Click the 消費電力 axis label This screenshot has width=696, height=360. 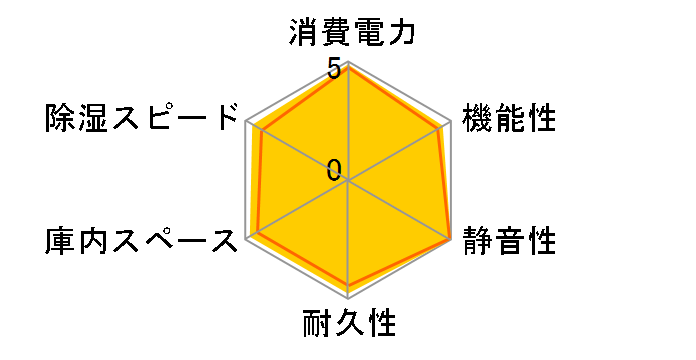coord(348,34)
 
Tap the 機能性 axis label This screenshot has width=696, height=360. coord(508,117)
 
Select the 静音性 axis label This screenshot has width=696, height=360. coord(508,241)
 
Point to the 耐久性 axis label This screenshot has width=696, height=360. coord(348,325)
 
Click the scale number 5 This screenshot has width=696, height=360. coord(334,70)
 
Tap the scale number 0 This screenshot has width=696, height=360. coord(334,169)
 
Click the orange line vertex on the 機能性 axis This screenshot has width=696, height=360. coord(440,127)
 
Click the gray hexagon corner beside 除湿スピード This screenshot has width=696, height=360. coord(246,122)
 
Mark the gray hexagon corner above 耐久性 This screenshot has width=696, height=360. coord(348,298)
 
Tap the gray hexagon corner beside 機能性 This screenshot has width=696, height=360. coord(450,122)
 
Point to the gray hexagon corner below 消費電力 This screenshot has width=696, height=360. coord(348,63)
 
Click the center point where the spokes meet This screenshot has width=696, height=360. coord(348,181)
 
